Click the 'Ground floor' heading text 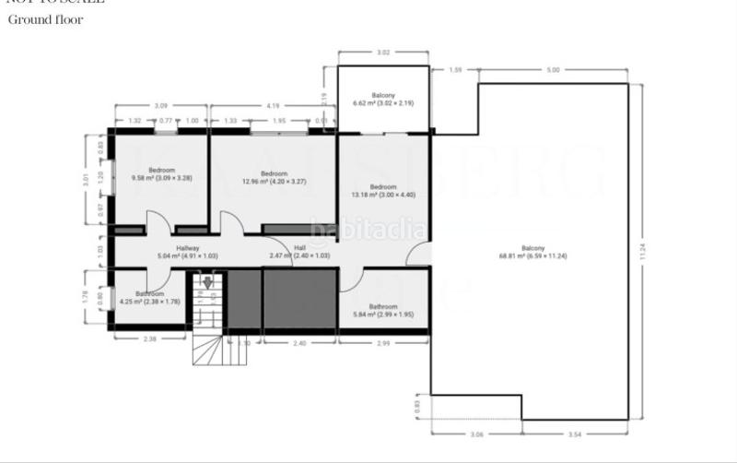[46, 19]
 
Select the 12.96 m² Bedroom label [274, 178]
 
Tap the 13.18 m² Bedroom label [383, 190]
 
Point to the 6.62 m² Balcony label [383, 99]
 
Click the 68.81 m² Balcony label [532, 253]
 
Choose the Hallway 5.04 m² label [188, 252]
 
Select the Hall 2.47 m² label [299, 252]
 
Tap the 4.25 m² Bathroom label [148, 297]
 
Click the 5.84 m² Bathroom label [383, 311]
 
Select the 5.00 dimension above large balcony [553, 70]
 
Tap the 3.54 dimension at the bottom [575, 433]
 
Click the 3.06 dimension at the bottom [476, 433]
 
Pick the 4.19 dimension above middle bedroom [274, 105]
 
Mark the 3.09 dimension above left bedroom [161, 105]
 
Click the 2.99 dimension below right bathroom [383, 342]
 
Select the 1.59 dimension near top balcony [453, 70]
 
